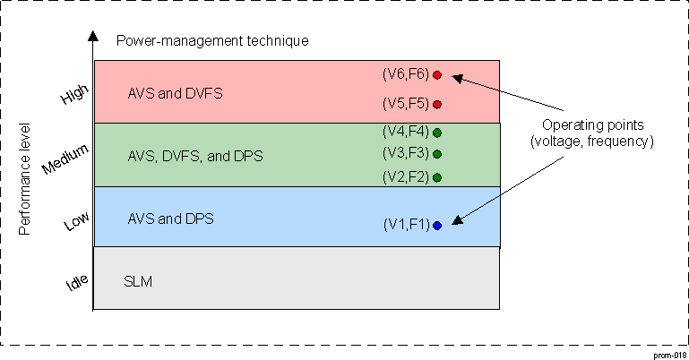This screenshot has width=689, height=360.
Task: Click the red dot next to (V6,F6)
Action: tap(437, 75)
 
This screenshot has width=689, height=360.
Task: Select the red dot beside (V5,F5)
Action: tap(437, 103)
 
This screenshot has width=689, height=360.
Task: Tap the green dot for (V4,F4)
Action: tap(437, 133)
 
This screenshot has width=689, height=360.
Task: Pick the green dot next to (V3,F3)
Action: tap(437, 154)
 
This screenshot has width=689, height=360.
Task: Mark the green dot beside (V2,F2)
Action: tap(437, 177)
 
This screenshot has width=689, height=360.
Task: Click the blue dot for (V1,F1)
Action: tap(437, 226)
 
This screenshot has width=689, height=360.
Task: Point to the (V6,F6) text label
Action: tap(405, 74)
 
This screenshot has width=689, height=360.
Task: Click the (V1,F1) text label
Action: tap(405, 225)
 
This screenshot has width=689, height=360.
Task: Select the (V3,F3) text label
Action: tap(405, 152)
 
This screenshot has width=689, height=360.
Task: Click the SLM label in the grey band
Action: tap(138, 281)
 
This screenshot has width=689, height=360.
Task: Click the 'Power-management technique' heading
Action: tap(212, 40)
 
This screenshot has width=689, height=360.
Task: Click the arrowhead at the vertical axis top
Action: tap(92, 38)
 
